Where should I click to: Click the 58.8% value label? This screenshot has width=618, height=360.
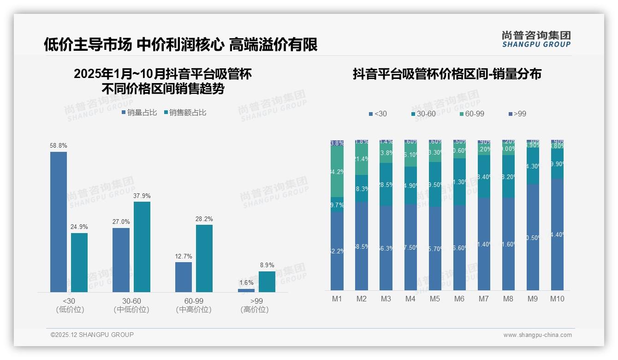point(59,145)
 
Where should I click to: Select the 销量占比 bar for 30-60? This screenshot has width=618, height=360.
point(121,260)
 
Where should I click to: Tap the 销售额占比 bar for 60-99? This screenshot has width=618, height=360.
point(204,258)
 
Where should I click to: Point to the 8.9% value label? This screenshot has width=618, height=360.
point(267,265)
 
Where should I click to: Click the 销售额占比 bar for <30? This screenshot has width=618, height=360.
point(79,262)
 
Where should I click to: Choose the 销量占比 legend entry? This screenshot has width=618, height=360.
point(139,112)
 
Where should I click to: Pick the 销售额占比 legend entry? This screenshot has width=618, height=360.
point(185,112)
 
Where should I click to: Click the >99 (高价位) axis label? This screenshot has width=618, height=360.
point(255,305)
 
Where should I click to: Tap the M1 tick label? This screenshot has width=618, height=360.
point(337,299)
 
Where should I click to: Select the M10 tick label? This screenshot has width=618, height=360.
point(557,299)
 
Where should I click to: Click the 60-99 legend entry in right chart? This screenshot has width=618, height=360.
point(472,114)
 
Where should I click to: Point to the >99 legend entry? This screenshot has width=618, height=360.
point(517,114)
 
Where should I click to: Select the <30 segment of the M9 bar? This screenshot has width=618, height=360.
point(533,237)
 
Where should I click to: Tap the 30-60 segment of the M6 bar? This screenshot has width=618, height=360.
point(459,182)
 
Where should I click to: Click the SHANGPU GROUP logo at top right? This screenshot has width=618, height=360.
point(536,39)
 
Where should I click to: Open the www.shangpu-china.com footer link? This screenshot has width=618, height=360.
point(537,335)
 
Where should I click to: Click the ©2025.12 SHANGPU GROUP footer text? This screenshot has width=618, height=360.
point(92,335)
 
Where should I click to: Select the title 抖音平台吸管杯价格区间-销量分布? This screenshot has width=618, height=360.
point(447,74)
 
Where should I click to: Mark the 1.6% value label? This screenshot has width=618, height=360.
point(247,282)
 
